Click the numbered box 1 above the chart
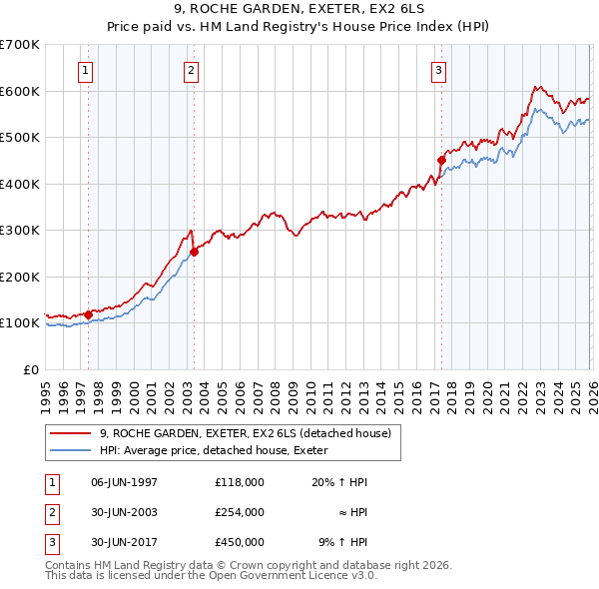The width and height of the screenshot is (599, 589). (x=86, y=70)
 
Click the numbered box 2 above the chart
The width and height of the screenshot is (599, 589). (x=190, y=70)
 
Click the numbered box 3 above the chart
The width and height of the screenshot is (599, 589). (x=438, y=70)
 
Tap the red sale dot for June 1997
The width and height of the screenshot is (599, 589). (x=88, y=314)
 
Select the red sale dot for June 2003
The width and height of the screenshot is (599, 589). (x=194, y=252)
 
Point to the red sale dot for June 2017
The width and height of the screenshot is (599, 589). (x=440, y=160)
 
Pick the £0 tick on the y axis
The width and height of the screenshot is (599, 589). (x=31, y=369)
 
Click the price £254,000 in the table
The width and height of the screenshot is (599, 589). (x=240, y=512)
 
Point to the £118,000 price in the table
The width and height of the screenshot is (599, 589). (x=240, y=482)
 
